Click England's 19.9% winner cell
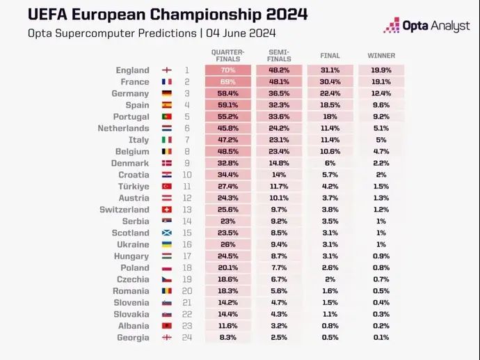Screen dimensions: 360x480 [381, 70]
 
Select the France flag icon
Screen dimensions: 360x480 [167, 81]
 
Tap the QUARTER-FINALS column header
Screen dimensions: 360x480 [227, 56]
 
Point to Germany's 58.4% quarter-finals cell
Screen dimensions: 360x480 [227, 93]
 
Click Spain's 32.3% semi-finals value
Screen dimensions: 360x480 [278, 105]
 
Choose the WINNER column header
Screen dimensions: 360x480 [381, 56]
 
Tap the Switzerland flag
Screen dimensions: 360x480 [167, 210]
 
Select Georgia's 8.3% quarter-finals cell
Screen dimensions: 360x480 [227, 338]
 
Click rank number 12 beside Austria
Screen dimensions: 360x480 [187, 198]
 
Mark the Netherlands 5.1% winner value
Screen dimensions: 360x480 [381, 128]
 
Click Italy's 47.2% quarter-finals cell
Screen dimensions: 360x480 [227, 140]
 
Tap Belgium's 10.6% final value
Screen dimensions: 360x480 [330, 151]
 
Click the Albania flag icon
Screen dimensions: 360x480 [167, 326]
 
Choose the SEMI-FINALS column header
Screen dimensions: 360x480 [278, 56]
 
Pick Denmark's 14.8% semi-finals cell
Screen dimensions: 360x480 [278, 163]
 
